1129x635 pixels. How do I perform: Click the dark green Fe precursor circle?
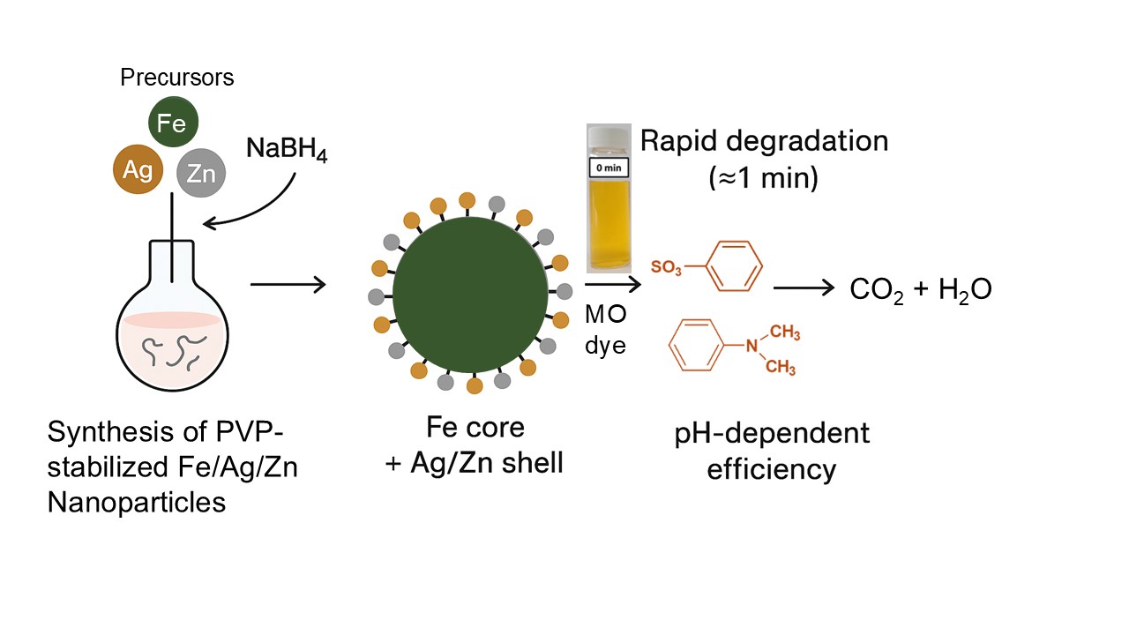(x=172, y=123)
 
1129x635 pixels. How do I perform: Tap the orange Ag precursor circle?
(x=138, y=170)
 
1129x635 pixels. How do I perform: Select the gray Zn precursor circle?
(x=202, y=172)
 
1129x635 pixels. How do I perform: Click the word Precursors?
(x=176, y=78)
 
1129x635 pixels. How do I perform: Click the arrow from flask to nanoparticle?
(x=288, y=285)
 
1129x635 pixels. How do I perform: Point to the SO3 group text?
(x=667, y=266)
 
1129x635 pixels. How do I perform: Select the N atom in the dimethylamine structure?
(x=751, y=346)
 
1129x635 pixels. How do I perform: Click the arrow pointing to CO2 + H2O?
(x=803, y=288)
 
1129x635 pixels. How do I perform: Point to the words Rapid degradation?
(x=764, y=141)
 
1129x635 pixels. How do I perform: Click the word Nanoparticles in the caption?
(x=137, y=503)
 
